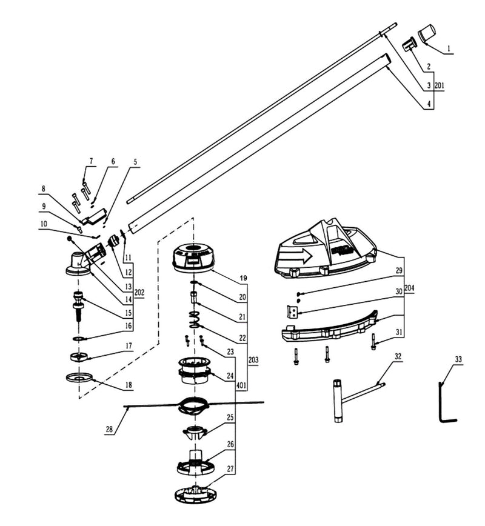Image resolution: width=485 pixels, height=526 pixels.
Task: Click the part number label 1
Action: [448, 47]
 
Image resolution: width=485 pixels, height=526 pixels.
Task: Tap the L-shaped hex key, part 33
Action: [443, 401]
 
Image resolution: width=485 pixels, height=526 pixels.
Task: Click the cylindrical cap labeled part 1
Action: [430, 33]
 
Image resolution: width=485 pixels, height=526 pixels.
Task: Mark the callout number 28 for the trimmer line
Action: [109, 430]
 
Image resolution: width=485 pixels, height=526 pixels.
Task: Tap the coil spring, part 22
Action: [194, 319]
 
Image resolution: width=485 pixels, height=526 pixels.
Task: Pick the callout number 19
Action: [243, 278]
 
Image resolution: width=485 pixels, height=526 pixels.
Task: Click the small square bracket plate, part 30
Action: [292, 311]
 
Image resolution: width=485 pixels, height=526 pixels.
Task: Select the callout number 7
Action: [91, 161]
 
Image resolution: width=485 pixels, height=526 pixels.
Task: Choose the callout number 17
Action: [129, 347]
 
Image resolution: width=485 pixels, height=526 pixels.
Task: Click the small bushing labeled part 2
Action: [409, 45]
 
